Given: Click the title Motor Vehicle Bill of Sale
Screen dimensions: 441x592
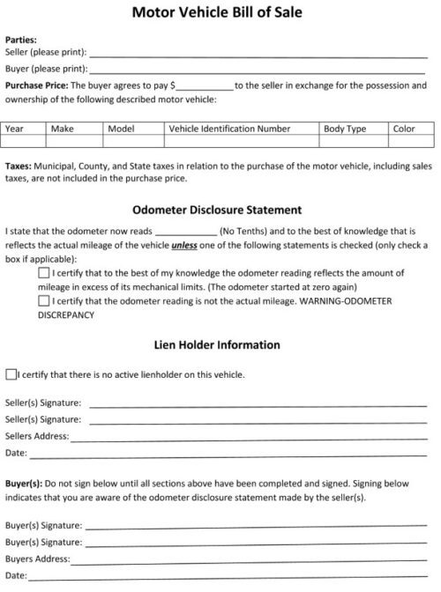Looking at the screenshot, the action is (x=216, y=12).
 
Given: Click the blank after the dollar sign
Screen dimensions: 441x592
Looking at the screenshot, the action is (x=205, y=85).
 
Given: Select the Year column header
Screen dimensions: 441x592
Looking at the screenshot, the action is (x=15, y=129).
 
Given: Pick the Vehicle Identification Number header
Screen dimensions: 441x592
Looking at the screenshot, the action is (x=229, y=129).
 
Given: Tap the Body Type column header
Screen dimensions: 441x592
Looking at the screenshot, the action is (x=345, y=129).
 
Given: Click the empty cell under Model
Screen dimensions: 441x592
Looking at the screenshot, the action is (x=134, y=141).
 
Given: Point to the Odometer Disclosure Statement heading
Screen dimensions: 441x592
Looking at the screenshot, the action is (x=217, y=210).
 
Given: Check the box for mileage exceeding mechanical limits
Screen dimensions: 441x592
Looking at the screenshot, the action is (x=44, y=274).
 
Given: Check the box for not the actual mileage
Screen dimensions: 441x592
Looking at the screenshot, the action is (x=44, y=300).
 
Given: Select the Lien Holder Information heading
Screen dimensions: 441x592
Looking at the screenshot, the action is (x=217, y=344).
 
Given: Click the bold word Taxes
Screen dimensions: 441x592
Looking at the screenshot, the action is (x=19, y=166).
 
